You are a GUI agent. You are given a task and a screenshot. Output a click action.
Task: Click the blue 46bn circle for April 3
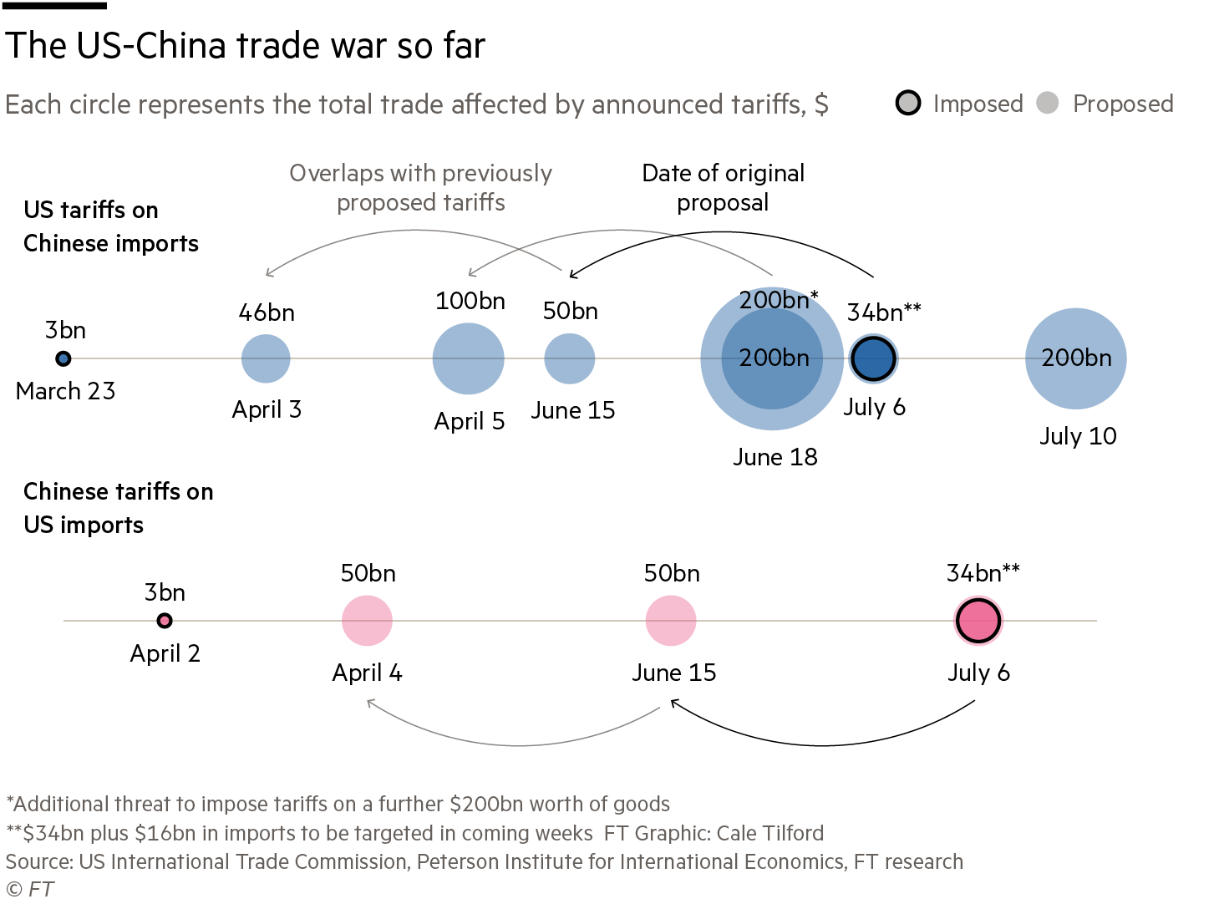click(266, 358)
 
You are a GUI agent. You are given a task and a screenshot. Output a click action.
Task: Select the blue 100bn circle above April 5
click(469, 358)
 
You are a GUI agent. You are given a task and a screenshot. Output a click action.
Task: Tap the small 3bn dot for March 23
click(63, 358)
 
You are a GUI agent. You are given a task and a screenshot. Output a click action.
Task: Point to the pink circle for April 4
click(367, 621)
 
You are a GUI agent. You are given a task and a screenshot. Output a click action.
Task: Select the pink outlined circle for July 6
click(978, 621)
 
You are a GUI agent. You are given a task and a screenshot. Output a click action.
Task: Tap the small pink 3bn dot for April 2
click(165, 621)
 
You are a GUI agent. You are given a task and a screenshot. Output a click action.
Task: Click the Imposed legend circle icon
click(908, 103)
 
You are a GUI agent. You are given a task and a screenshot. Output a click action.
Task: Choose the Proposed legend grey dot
click(1047, 103)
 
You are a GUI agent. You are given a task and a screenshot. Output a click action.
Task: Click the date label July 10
click(1078, 436)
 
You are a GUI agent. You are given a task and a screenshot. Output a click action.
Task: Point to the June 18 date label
click(775, 457)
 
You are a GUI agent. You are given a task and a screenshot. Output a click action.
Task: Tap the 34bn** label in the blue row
click(884, 312)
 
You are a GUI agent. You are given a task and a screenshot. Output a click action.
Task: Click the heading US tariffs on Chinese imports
click(110, 226)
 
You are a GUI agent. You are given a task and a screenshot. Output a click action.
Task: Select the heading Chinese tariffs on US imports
click(118, 508)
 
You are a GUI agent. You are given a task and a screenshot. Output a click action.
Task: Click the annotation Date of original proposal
click(723, 188)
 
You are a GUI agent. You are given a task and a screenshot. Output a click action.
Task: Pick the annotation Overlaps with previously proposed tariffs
click(420, 188)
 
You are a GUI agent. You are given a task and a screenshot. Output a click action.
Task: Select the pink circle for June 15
click(671, 621)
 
